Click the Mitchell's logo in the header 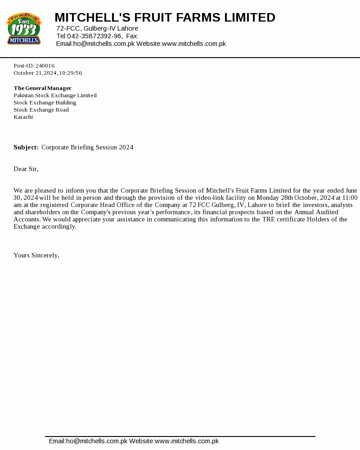23,29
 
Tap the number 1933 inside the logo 23,30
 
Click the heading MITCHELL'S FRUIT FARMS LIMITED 165,18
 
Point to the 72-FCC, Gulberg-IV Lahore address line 97,28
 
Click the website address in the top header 193,44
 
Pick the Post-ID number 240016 45,66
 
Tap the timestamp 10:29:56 70,73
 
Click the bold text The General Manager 42,88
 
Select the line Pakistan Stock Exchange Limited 55,95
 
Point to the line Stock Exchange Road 41,110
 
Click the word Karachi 23,117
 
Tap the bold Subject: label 26,147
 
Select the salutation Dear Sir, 26,169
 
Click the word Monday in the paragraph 268,198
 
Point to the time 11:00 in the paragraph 350,198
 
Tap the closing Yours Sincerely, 36,255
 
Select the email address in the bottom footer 88,441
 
